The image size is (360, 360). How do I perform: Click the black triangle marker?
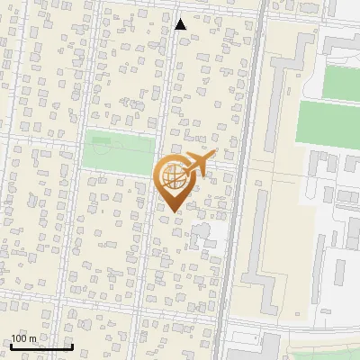click(x=180, y=24)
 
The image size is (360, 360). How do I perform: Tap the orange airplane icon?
click(x=196, y=165)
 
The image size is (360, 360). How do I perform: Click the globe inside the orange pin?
click(x=173, y=177)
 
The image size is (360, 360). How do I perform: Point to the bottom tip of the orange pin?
click(x=173, y=212)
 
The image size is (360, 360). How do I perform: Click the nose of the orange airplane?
click(x=214, y=156)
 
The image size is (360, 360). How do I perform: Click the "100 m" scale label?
click(x=24, y=338)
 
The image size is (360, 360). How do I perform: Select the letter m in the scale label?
click(x=33, y=338)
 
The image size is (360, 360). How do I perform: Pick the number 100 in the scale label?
click(x=20, y=338)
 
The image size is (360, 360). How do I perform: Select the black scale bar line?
click(x=41, y=346)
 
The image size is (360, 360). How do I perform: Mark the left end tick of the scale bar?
click(x=12, y=345)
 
